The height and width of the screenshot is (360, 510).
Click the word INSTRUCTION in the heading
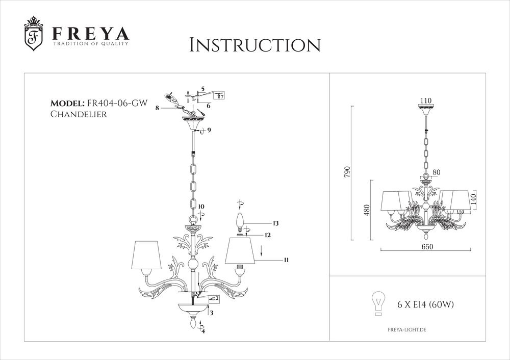pos(254,45)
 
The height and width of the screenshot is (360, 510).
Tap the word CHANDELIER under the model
pos(78,115)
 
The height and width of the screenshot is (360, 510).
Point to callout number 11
pos(287,260)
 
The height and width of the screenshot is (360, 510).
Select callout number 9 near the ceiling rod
pos(209,131)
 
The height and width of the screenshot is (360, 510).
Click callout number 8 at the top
pos(158,108)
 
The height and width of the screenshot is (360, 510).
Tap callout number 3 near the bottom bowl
pos(211,313)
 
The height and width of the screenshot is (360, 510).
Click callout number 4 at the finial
pos(203,331)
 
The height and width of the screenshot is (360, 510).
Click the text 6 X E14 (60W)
pos(426,305)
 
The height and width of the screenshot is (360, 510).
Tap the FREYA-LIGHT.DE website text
pos(406,330)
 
